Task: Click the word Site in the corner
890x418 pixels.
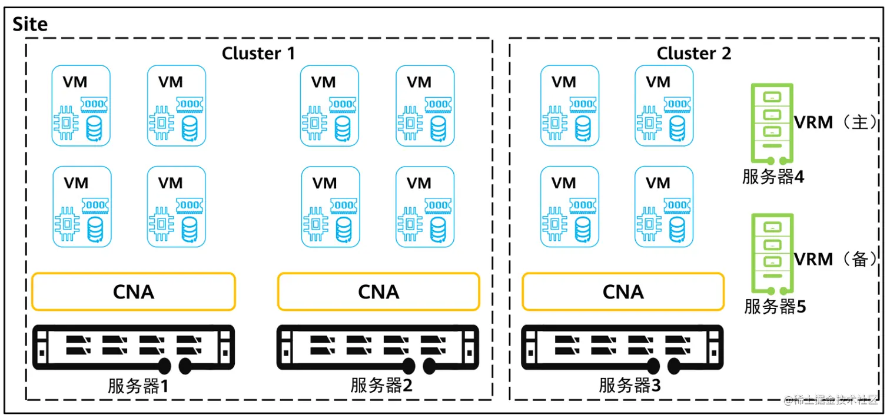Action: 30,24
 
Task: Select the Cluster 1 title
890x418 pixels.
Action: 258,53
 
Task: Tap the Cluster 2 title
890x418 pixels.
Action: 694,53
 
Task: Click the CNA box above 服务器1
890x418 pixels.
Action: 134,291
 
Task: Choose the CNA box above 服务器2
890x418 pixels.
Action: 378,291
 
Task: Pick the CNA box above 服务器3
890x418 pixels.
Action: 623,291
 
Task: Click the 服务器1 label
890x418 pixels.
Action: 138,386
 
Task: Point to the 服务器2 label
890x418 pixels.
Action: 381,385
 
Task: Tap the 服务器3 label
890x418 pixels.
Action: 630,385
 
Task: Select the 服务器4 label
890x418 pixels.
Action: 773,177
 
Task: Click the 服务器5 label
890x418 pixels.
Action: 775,306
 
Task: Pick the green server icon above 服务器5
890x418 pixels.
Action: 772,254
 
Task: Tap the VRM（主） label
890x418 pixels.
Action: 835,122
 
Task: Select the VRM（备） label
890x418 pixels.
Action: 835,259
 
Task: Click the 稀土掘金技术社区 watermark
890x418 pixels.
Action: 831,400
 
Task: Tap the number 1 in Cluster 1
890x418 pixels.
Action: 291,53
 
